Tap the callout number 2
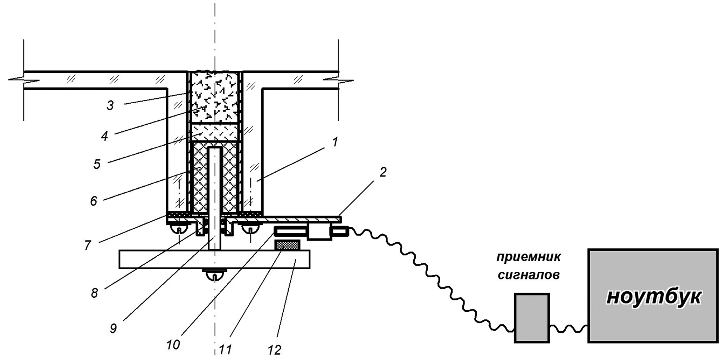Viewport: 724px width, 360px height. (382, 172)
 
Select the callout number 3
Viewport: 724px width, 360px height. (110, 105)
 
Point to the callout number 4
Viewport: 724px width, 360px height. (104, 136)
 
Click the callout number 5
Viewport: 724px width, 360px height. (97, 164)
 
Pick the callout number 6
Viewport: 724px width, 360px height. (94, 201)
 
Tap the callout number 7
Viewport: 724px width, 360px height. (87, 245)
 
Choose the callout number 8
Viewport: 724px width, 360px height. (94, 293)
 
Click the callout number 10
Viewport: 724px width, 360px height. (173, 345)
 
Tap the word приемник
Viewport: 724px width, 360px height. (529, 257)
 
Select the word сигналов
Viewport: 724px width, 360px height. (528, 275)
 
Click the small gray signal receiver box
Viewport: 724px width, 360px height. (531, 318)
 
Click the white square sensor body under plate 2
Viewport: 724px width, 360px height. (319, 231)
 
